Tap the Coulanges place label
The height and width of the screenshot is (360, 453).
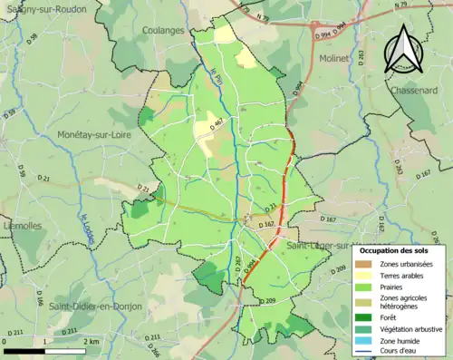(x=163, y=30)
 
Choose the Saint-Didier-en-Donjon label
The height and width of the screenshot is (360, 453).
(x=95, y=306)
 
